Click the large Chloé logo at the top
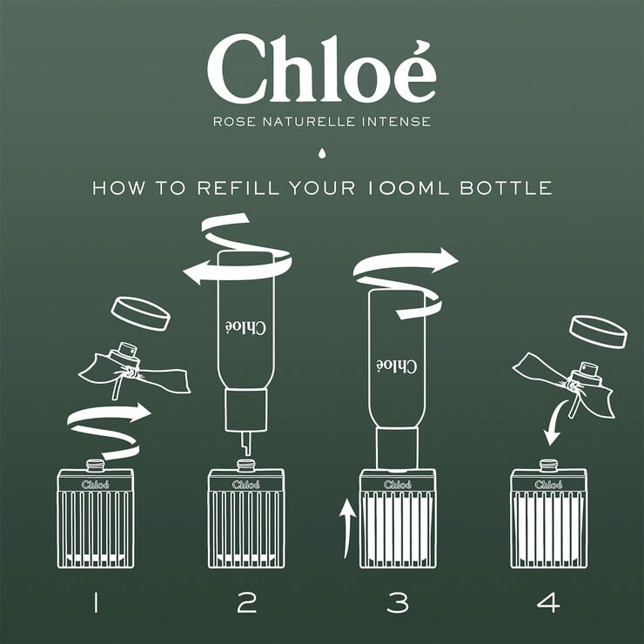(x=321, y=70)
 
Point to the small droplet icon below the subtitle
(x=322, y=154)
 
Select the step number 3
(x=397, y=601)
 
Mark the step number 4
(x=548, y=601)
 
